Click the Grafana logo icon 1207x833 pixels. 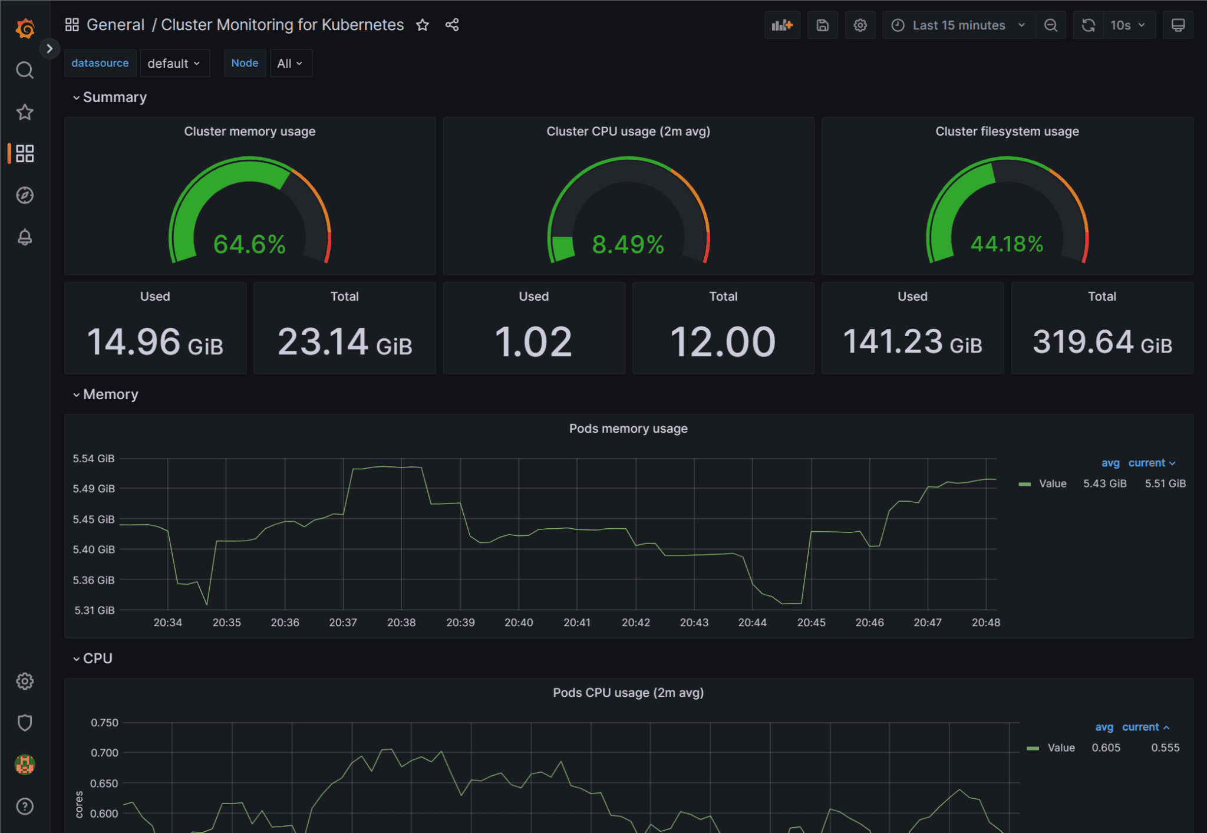25,28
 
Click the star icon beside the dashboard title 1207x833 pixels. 422,25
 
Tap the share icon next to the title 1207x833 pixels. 452,25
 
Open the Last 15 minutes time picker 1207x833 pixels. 958,25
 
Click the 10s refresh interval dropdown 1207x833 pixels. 1127,25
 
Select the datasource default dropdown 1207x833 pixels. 174,63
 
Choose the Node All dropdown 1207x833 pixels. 290,63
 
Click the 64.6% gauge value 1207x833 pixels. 249,244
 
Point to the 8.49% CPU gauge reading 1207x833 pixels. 628,244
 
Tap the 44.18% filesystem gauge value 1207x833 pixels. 1007,244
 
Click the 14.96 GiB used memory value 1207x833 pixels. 155,342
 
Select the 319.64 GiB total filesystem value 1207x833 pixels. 1102,342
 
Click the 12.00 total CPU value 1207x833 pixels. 723,342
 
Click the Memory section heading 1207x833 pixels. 110,394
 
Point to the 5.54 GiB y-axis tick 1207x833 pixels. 94,459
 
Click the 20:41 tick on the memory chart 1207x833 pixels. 576,623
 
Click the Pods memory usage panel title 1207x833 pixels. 628,429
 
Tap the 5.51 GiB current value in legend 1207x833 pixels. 1165,483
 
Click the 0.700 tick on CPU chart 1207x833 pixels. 104,753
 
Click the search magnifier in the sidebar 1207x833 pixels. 25,70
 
